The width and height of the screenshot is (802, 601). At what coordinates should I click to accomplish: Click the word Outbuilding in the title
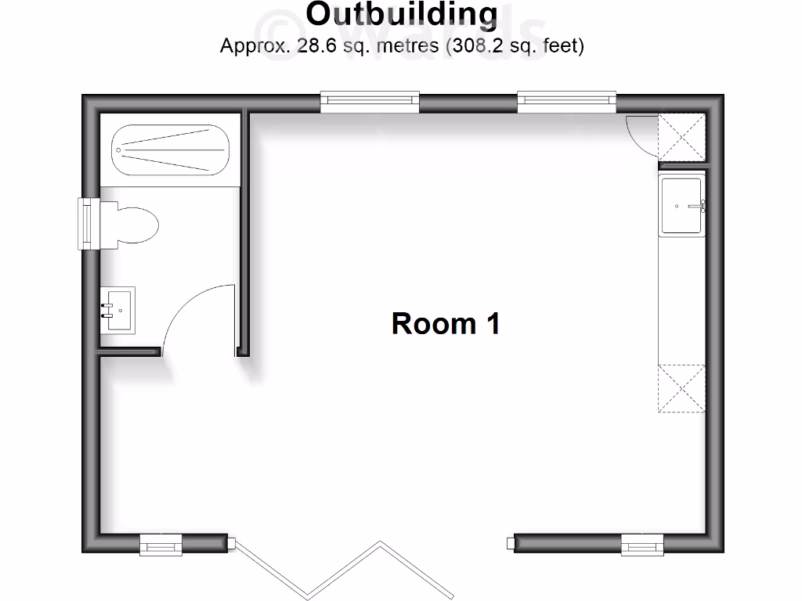401,14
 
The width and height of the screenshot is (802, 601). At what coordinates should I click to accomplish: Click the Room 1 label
445,322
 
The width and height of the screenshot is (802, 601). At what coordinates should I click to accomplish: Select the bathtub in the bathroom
170,149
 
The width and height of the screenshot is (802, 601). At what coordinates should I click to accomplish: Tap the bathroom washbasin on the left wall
118,309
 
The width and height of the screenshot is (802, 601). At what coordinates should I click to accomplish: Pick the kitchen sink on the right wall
682,206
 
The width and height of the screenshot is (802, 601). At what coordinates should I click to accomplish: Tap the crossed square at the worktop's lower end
681,388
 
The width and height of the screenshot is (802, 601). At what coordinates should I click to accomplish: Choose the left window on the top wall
370,100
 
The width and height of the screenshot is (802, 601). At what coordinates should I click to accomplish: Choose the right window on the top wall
566,100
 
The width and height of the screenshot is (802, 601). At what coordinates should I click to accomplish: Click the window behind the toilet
87,224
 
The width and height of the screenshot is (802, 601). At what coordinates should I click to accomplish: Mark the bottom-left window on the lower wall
161,545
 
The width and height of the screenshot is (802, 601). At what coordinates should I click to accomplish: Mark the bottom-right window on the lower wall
642,545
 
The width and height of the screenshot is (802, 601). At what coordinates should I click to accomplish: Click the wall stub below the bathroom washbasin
130,352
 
